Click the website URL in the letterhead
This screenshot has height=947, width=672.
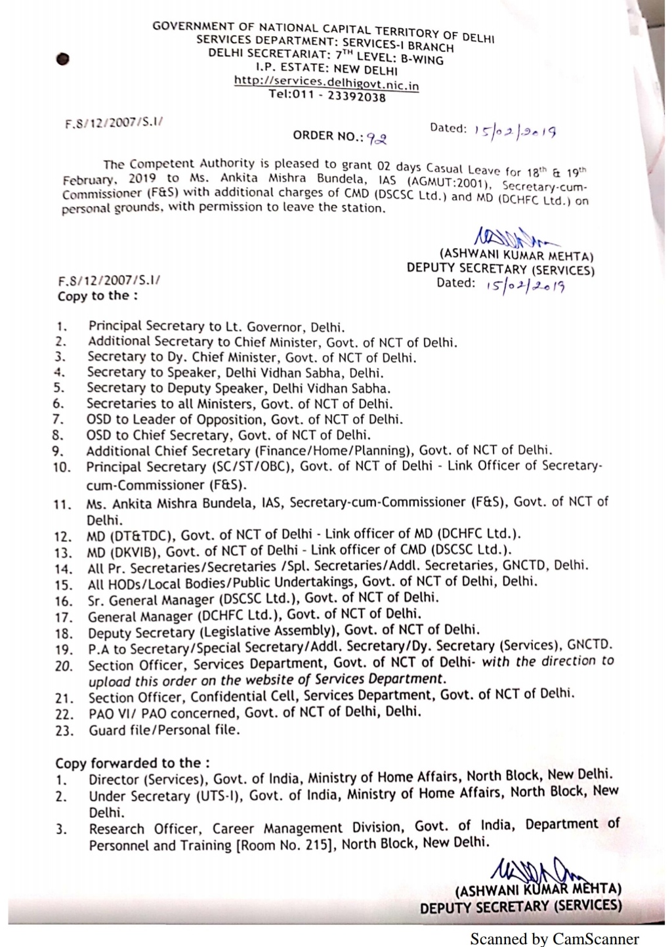coord(326,83)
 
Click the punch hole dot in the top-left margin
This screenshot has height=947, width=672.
coord(62,59)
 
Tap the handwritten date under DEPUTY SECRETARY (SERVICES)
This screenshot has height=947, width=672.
coord(525,285)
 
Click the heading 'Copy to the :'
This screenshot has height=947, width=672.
coord(97,296)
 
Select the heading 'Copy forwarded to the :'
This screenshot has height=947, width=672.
coord(133,763)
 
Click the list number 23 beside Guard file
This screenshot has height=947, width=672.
coord(64,730)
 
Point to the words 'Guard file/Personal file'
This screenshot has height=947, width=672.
coord(164,729)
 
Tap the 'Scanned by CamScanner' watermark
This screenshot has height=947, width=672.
coord(554,939)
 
